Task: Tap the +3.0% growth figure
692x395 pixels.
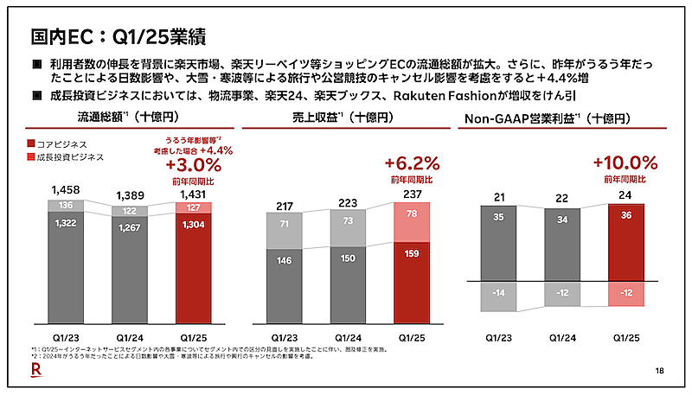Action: pyautogui.click(x=193, y=164)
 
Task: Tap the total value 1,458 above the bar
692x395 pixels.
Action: pyautogui.click(x=66, y=188)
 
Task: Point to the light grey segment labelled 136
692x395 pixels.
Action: pyautogui.click(x=66, y=206)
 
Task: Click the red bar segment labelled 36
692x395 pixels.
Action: pyautogui.click(x=626, y=242)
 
